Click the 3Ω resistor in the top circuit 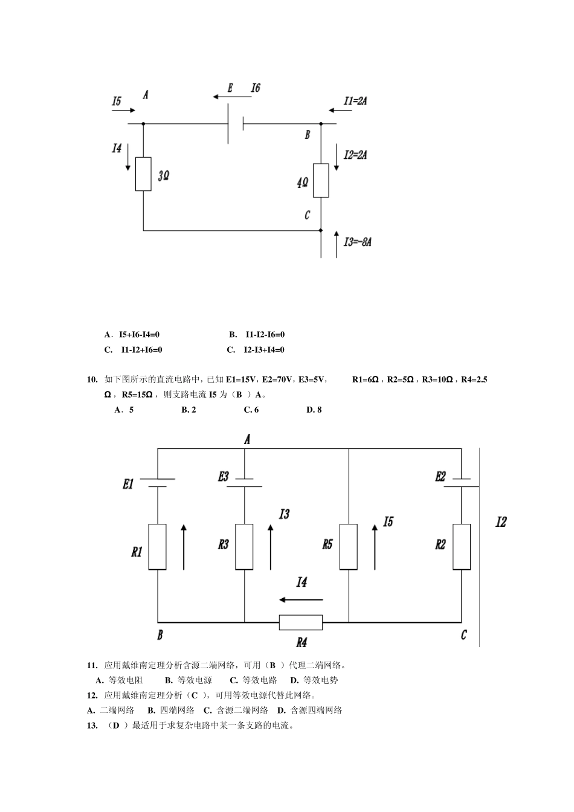coord(143,174)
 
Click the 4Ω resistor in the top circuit coord(321,181)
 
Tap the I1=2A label coord(355,101)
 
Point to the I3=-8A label coord(358,242)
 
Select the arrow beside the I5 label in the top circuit coord(124,110)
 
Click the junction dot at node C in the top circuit coord(321,230)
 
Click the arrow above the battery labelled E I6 coord(232,97)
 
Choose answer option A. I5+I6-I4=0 coord(132,335)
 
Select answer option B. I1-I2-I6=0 coord(257,335)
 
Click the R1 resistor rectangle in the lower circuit coord(157,547)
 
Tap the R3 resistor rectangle coord(244,547)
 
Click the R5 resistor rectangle coord(349,547)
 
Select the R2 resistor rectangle coord(462,547)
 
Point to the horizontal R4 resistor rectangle coord(301,622)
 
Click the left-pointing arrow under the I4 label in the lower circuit coord(301,600)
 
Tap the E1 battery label coord(128,484)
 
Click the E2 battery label coord(440,476)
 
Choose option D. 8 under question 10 coord(314,410)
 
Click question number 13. coord(92,726)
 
